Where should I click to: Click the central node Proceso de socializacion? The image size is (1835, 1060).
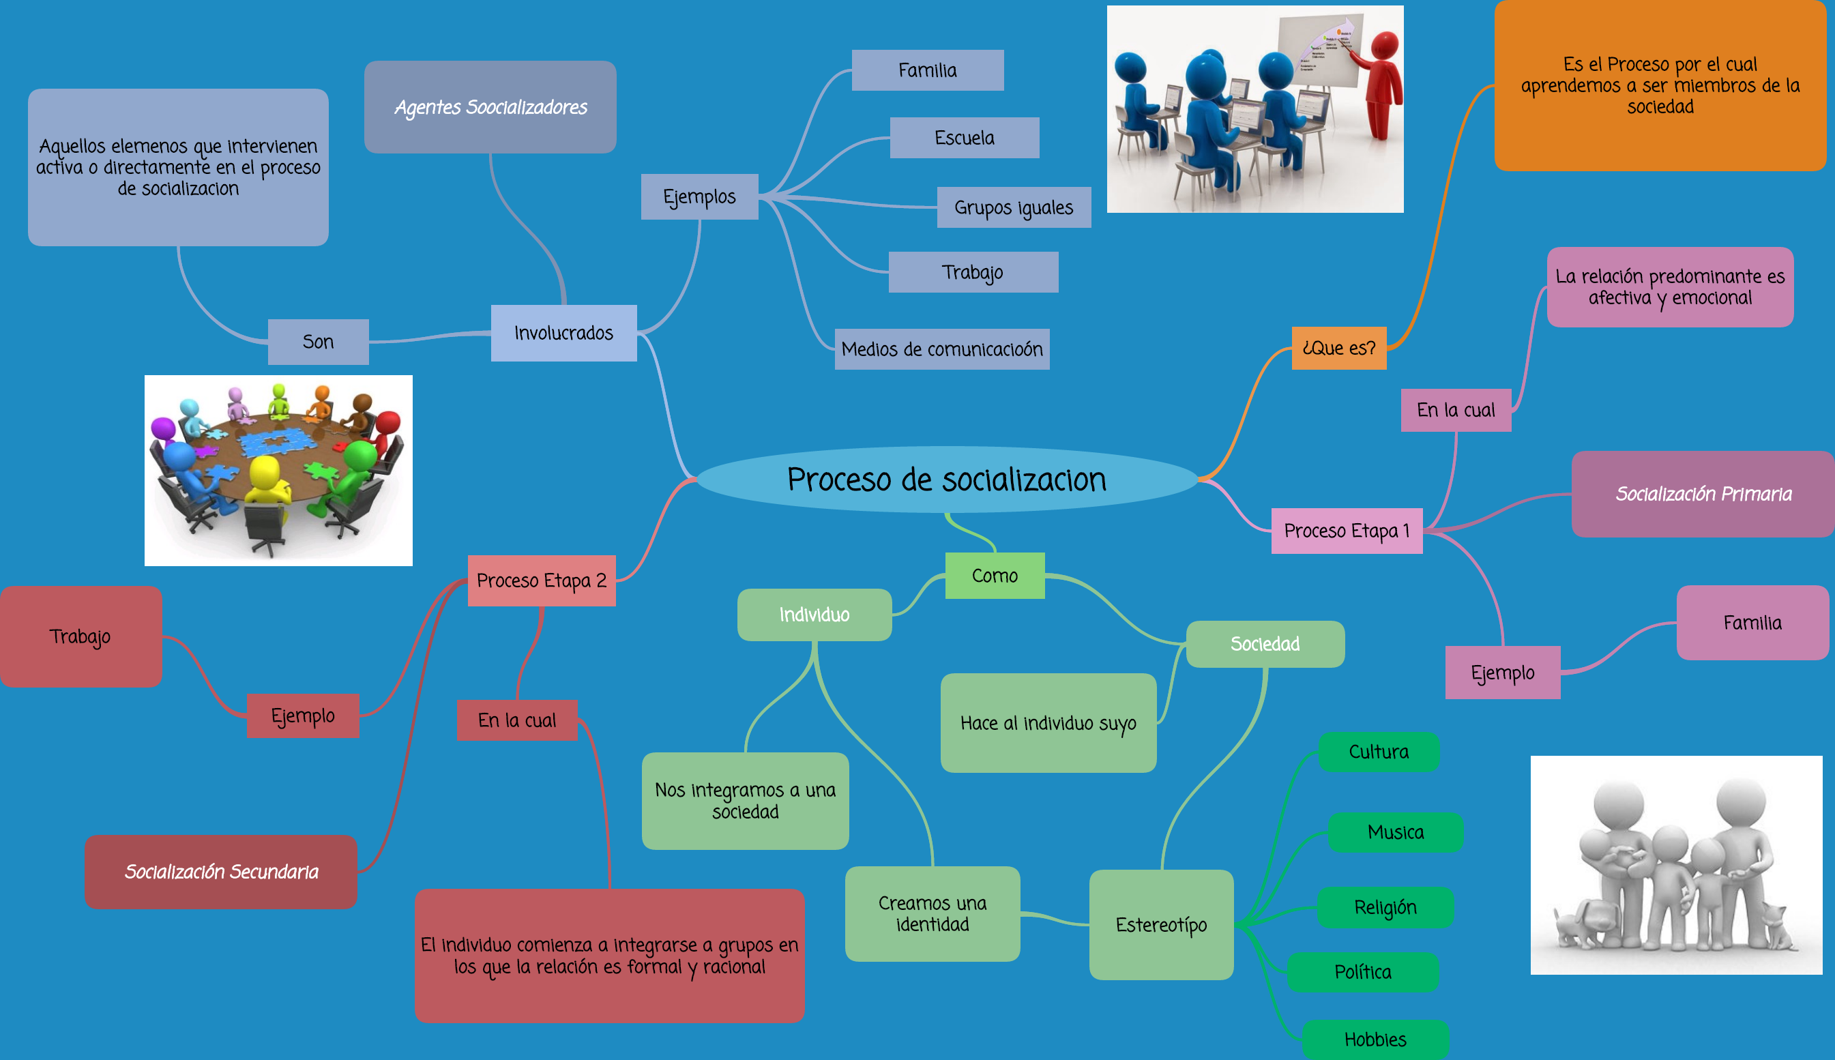(x=946, y=479)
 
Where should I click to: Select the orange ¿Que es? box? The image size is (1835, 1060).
(x=1338, y=348)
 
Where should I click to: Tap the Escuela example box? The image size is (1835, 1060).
(x=964, y=138)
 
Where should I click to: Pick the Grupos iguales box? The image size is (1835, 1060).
(x=1013, y=207)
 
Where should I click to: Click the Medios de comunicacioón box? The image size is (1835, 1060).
(x=941, y=349)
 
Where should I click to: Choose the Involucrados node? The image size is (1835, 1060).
(x=563, y=333)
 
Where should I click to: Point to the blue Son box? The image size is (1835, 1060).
(x=318, y=342)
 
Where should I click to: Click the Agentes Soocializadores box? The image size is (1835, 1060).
(x=490, y=107)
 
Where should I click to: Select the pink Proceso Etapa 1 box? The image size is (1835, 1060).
(x=1346, y=531)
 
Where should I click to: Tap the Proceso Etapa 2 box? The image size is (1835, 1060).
(x=542, y=580)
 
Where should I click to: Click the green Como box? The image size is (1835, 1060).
(x=995, y=576)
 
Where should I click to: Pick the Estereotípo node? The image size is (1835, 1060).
(x=1161, y=924)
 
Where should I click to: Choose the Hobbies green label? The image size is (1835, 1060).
(x=1375, y=1039)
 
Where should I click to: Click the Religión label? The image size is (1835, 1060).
(x=1385, y=907)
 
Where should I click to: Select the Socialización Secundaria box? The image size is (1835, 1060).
(x=221, y=872)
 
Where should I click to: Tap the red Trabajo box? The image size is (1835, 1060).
(x=80, y=636)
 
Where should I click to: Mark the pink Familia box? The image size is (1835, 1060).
(x=1752, y=623)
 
